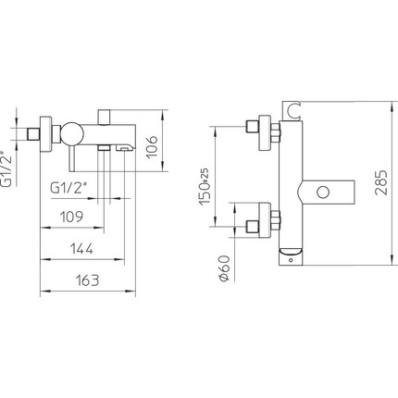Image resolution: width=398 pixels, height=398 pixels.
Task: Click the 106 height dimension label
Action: click(152, 146)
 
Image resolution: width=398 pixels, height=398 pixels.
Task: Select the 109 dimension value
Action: click(71, 217)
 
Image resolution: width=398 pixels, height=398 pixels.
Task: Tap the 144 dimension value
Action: click(81, 249)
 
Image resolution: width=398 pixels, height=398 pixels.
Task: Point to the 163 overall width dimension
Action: click(88, 280)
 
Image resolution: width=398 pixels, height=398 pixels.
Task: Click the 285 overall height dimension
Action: click(380, 182)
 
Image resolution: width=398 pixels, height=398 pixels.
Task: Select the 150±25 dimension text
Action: click(205, 186)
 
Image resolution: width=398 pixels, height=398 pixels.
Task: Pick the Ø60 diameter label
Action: click(224, 268)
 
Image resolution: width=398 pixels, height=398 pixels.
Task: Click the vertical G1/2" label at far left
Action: click(6, 169)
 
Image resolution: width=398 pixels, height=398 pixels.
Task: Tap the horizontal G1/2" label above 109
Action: click(68, 188)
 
